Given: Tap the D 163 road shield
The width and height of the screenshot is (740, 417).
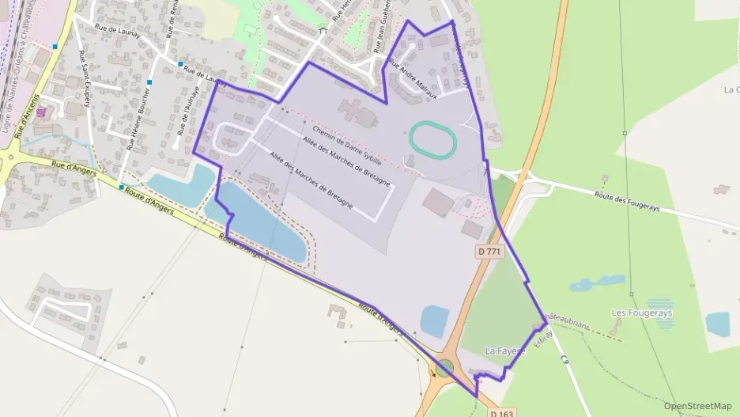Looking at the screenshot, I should pos(500,413).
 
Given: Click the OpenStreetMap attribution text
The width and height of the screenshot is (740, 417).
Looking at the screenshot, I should pos(697,406).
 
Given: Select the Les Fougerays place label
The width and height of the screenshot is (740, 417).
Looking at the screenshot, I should pos(641,313).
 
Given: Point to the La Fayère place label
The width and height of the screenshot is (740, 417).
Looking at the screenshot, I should pos(504,351).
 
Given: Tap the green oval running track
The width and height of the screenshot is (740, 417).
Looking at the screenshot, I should pos(433,139).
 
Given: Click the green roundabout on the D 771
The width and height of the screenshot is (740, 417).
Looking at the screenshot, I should pos(445,368).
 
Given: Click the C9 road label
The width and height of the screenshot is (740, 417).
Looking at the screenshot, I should pos(565,360).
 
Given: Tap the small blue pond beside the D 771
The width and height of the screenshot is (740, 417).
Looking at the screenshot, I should pos(435,321).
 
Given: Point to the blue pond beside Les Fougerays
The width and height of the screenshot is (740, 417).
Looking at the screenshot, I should pos(717,323).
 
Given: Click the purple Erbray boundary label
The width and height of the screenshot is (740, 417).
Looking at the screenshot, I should pos(542,335).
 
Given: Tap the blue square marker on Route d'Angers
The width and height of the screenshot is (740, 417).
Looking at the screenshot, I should pos(122,187).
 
